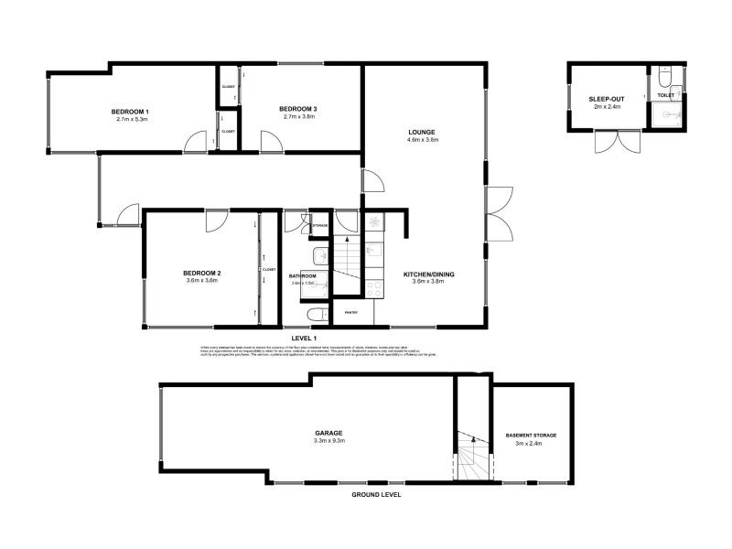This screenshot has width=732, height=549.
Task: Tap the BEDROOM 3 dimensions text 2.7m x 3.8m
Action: tap(298, 117)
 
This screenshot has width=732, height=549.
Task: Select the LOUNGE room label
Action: tap(422, 132)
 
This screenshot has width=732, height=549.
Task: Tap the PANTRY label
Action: tap(350, 313)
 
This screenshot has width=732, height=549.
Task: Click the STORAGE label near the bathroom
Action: tap(320, 225)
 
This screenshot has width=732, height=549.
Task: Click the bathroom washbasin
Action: tap(321, 255)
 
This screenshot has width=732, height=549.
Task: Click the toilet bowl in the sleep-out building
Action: tap(665, 74)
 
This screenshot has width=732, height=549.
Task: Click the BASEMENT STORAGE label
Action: tap(531, 435)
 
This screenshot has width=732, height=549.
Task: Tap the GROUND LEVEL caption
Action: tap(376, 494)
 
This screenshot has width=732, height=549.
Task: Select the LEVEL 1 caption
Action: tap(303, 339)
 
